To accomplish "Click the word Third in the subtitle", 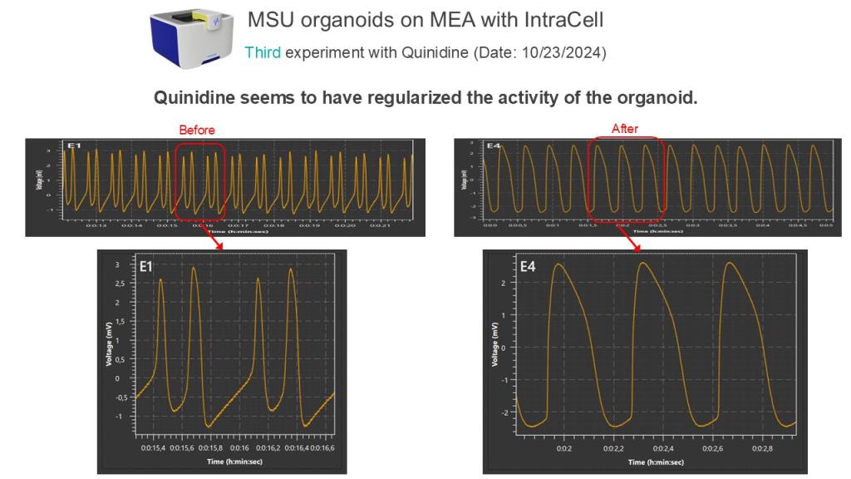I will coord(263,52).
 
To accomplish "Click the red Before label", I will coord(197,130).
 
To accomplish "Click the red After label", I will coord(624,129).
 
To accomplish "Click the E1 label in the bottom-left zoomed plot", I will coord(145,268).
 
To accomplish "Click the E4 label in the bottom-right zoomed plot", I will coord(528,268).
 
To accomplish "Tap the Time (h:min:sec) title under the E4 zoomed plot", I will coord(656,462).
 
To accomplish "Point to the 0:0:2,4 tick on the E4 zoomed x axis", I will coord(662,447).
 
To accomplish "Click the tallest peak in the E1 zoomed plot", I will coord(194,267).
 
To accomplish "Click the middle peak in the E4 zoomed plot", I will coord(642,264).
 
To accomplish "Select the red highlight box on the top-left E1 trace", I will coord(200,178).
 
